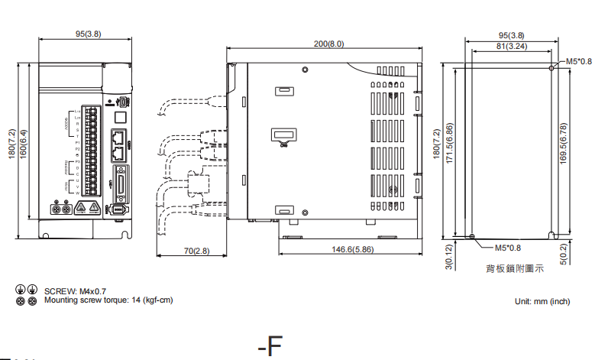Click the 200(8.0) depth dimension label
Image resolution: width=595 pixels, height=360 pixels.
(329, 44)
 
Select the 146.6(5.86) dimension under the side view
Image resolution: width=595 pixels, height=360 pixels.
(352, 250)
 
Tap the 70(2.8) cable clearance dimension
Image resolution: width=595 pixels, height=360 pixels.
(197, 251)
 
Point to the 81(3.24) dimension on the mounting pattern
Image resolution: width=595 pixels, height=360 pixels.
(510, 47)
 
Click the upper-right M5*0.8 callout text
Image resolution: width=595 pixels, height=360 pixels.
(578, 60)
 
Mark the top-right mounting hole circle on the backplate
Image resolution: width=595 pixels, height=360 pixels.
(551, 67)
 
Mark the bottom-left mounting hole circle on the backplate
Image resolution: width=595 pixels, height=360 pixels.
(473, 236)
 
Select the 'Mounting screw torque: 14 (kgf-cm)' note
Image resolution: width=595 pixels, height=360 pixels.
(108, 300)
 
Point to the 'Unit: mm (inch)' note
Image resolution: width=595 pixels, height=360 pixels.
(542, 302)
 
